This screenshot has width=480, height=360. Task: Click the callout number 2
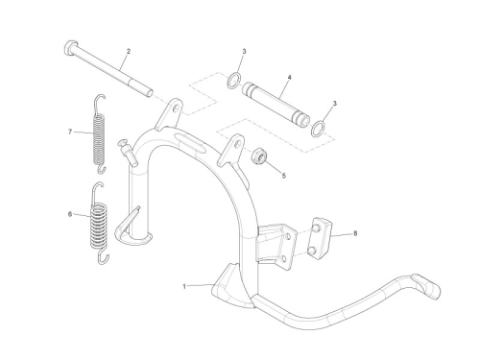(x=129, y=51)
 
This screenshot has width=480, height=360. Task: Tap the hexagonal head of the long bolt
(x=71, y=48)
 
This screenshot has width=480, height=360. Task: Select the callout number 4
(x=289, y=78)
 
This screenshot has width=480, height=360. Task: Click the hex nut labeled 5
(x=259, y=156)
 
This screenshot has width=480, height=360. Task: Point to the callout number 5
(x=283, y=176)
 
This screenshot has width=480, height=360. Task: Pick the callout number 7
(x=70, y=132)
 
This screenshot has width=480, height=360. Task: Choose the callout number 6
(x=70, y=214)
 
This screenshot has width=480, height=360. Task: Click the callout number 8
(x=354, y=233)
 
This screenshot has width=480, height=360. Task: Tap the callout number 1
(x=184, y=286)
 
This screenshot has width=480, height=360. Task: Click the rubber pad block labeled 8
(x=320, y=238)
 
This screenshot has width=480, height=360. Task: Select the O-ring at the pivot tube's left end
(x=233, y=80)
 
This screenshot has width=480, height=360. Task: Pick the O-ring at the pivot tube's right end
(x=319, y=129)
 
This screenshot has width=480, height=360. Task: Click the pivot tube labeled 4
(x=276, y=105)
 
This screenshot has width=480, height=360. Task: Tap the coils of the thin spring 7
(x=100, y=138)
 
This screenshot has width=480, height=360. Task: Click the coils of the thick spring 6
(x=99, y=227)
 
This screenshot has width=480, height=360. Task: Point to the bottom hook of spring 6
(x=104, y=258)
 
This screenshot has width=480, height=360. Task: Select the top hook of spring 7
(x=100, y=103)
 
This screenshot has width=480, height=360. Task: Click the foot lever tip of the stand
(x=426, y=286)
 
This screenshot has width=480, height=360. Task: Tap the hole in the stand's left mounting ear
(x=176, y=108)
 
